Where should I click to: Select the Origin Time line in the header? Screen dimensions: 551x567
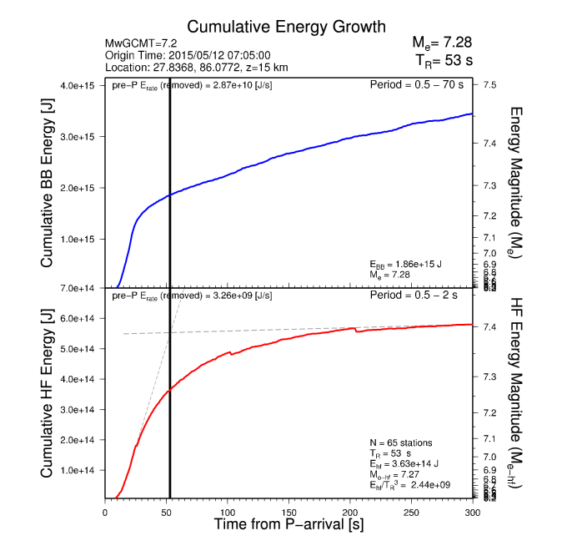tap(187, 55)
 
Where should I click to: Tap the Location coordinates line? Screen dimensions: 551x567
tap(197, 68)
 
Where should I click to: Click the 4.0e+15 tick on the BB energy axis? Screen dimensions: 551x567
tap(78, 86)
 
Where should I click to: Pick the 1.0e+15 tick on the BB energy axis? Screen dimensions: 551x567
tap(78, 239)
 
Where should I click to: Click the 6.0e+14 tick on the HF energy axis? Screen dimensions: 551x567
tap(78, 318)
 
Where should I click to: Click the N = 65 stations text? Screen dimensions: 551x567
tap(400, 442)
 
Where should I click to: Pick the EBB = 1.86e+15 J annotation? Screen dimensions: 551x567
tap(405, 264)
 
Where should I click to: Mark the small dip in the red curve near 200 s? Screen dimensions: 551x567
tap(357, 331)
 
